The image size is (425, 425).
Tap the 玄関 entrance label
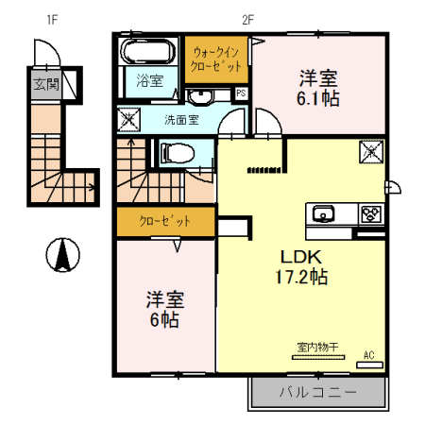pyautogui.click(x=44, y=84)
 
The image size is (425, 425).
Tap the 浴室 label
pyautogui.click(x=148, y=80)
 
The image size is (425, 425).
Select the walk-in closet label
pyautogui.click(x=219, y=59)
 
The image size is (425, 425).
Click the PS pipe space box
pyautogui.click(x=241, y=93)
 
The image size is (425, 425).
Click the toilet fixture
pyautogui.click(x=177, y=152)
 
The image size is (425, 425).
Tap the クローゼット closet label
pyautogui.click(x=164, y=221)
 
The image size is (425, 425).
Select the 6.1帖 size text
pyautogui.click(x=322, y=97)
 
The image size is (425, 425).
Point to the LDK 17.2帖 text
pyautogui.click(x=301, y=266)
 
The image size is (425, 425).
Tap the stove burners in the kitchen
pyautogui.click(x=369, y=213)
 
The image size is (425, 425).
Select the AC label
pyautogui.click(x=369, y=355)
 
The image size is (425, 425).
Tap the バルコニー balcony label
pyautogui.click(x=318, y=391)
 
